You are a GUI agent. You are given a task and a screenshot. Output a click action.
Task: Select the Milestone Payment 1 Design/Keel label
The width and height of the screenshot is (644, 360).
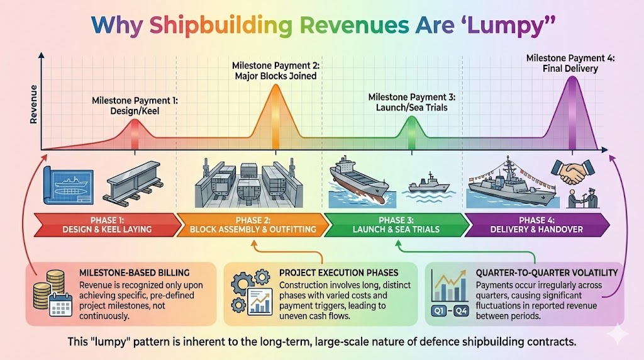135,106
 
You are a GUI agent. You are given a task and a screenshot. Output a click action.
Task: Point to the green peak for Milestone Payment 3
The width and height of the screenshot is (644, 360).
411,129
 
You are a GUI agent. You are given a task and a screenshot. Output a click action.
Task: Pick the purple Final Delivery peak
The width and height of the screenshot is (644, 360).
572,101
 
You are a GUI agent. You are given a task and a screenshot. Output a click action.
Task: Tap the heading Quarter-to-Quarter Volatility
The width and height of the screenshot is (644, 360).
545,273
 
